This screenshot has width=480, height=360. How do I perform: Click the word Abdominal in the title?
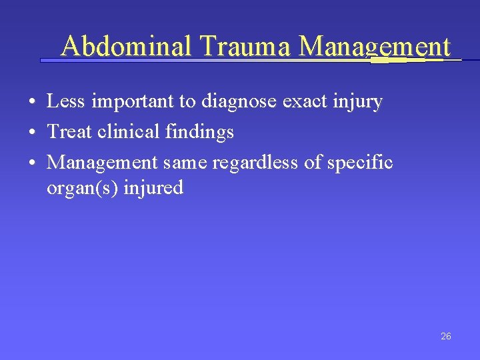(126, 47)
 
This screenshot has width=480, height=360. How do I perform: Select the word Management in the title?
(375, 47)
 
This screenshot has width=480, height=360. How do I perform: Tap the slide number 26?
(446, 336)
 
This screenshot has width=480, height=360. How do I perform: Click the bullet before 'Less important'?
(32, 103)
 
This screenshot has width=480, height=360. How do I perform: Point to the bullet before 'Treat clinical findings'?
(32, 133)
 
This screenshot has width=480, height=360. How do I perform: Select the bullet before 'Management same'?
(32, 163)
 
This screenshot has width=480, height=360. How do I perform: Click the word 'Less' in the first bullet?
(64, 101)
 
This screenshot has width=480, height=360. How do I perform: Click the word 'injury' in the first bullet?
(360, 102)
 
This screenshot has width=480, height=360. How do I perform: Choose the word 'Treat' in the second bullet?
(69, 132)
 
